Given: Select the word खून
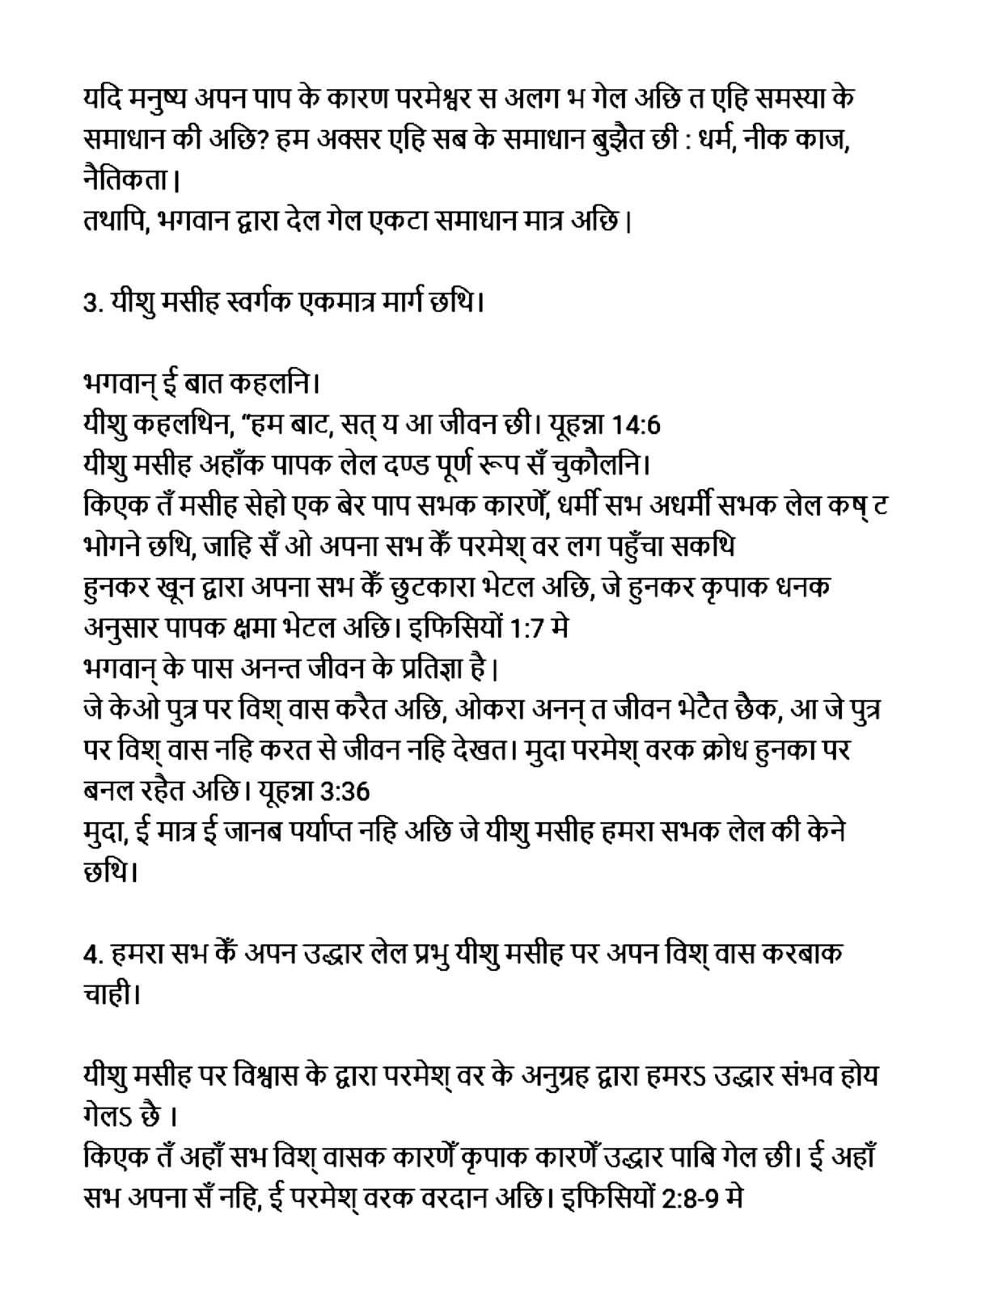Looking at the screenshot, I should [x=176, y=587].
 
